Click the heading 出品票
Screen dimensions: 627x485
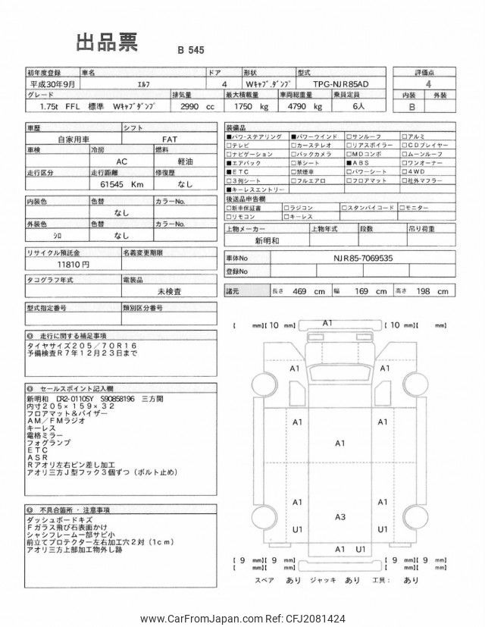point(106,42)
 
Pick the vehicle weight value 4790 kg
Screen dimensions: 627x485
point(298,108)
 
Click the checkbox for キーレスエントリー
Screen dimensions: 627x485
point(230,190)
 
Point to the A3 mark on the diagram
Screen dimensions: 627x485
point(340,517)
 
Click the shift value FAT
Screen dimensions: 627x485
point(171,140)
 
